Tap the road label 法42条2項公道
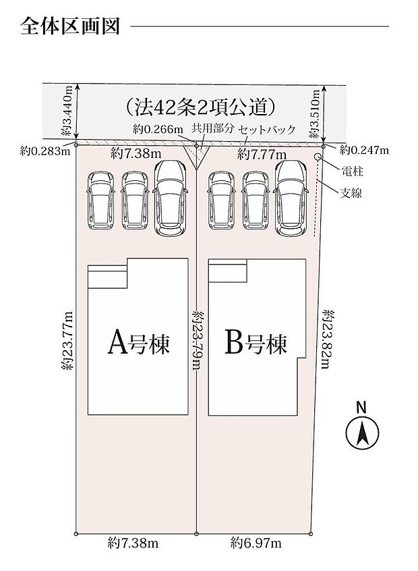point(200,106)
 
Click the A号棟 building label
point(138,344)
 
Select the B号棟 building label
point(256,344)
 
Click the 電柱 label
point(351,170)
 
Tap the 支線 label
point(351,193)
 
